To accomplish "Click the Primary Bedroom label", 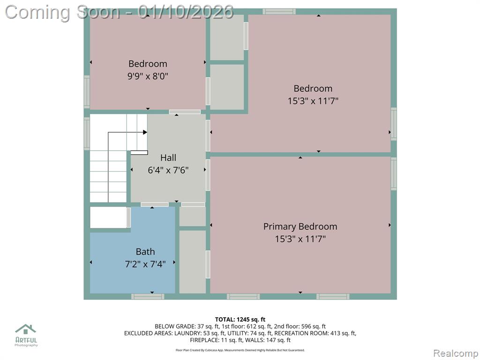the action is point(300,226).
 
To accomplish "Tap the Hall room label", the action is point(168,157).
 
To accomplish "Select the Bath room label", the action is point(145,252).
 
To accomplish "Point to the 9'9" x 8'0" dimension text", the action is point(148,76).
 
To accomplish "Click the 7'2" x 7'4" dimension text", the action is point(145,264).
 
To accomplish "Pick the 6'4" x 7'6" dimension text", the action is point(168,170).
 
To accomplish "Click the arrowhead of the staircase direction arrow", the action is point(145,132).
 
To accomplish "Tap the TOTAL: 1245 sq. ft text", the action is point(240,320).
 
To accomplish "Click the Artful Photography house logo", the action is point(26,329).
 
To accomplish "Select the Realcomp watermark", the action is point(455,353).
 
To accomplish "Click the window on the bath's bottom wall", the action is point(148,296).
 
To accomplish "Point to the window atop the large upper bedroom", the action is point(279,12).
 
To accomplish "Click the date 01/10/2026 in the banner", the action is point(186,12).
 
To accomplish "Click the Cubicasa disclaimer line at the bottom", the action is point(240,350).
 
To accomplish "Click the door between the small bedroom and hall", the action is point(185,112).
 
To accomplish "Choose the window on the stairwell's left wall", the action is point(87,134).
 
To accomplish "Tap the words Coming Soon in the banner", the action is point(62,13).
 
